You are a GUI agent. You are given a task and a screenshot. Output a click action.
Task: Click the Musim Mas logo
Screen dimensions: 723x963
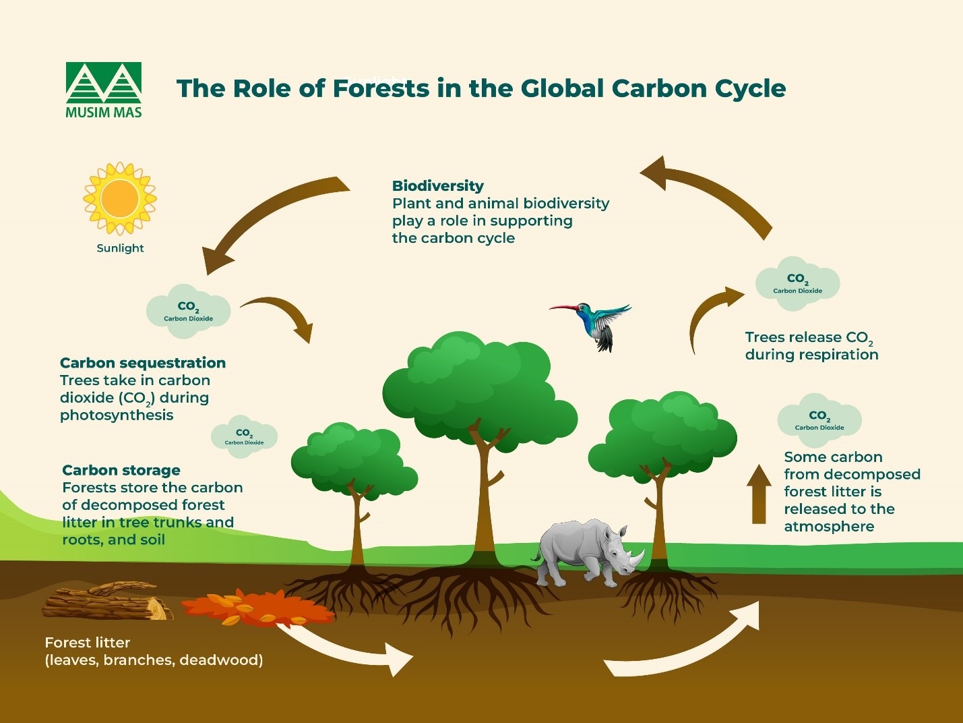tap(104, 90)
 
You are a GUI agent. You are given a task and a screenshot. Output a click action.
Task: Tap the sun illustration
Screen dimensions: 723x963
tap(119, 198)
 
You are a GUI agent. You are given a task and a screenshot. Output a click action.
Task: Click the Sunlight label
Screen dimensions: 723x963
tap(120, 248)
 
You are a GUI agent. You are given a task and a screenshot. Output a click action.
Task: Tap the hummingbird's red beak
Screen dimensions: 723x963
tap(563, 308)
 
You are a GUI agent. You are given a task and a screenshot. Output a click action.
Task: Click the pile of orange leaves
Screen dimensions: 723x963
tap(256, 608)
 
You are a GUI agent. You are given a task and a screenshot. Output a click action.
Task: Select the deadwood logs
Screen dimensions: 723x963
tap(108, 602)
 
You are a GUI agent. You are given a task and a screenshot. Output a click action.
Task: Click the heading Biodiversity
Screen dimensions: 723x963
tap(438, 185)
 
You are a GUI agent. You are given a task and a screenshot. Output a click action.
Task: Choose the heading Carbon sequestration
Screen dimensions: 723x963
tap(143, 363)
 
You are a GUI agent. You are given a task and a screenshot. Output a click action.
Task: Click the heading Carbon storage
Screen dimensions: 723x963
tap(121, 470)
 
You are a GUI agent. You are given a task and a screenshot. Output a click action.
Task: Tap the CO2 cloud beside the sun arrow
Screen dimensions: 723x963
tap(189, 310)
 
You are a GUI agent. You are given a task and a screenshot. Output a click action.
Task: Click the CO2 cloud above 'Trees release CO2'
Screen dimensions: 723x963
tap(797, 283)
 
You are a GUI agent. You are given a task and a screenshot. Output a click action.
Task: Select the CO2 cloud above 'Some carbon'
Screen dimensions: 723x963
tap(819, 420)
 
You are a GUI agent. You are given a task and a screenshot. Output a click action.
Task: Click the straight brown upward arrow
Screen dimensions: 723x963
tap(759, 494)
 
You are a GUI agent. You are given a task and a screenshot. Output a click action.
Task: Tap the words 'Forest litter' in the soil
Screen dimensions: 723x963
tap(88, 642)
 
